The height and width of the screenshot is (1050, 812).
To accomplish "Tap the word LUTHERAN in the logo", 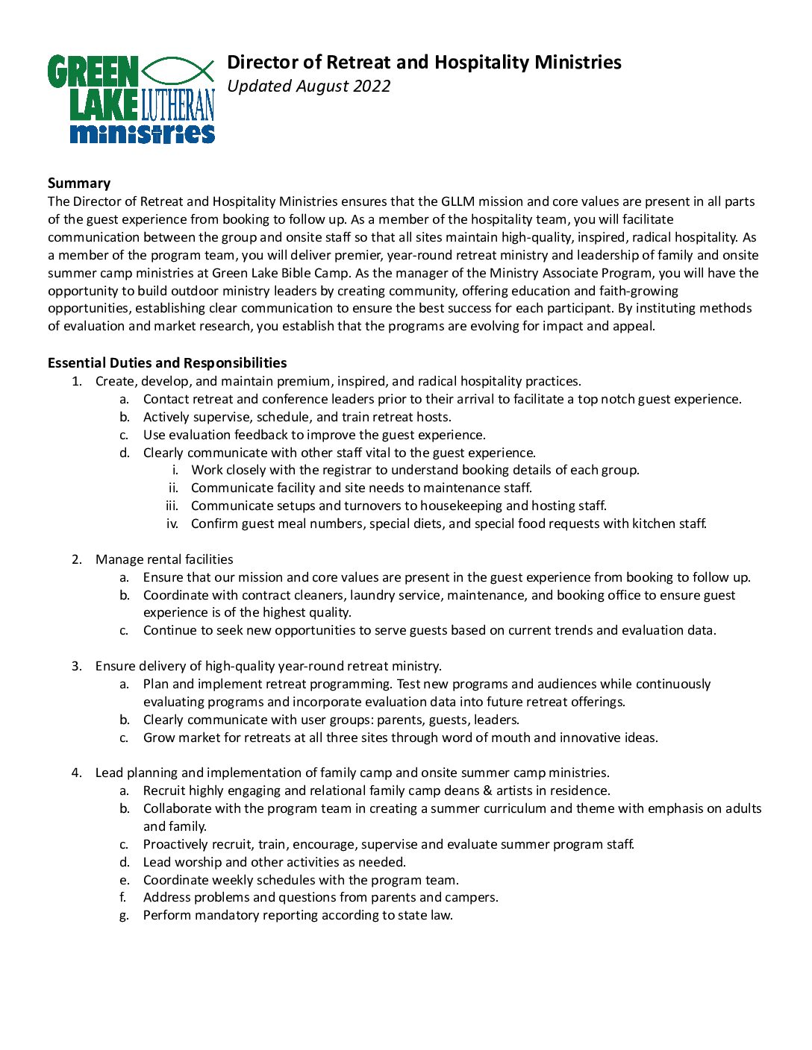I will (x=178, y=105).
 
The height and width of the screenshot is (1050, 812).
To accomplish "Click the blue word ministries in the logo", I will (x=142, y=133).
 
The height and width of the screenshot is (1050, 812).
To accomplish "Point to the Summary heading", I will (x=79, y=183).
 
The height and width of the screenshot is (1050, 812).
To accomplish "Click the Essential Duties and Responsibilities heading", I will (x=167, y=363).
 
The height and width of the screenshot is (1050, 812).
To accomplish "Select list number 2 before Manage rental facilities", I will (x=77, y=559).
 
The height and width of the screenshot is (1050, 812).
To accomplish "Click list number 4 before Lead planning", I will (x=77, y=773).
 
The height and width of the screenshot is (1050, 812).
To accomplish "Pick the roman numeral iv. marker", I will (x=172, y=524).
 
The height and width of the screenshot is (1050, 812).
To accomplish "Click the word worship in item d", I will (x=197, y=862).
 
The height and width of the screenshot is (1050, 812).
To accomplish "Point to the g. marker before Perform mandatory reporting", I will (x=124, y=916).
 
